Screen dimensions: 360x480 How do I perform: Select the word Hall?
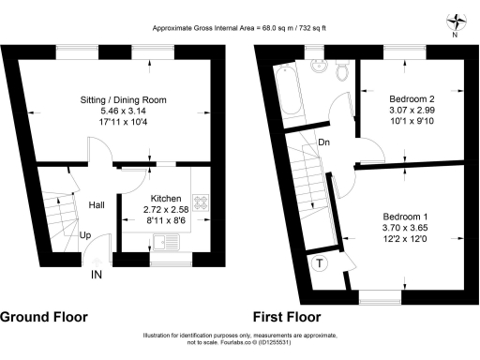97,204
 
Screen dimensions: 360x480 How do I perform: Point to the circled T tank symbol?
320,262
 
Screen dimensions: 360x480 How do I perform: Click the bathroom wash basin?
317,66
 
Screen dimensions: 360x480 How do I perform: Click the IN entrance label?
97,276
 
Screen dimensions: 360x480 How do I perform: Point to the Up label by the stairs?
85,235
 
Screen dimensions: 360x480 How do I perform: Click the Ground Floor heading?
44,316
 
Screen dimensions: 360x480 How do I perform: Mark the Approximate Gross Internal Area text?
240,26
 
